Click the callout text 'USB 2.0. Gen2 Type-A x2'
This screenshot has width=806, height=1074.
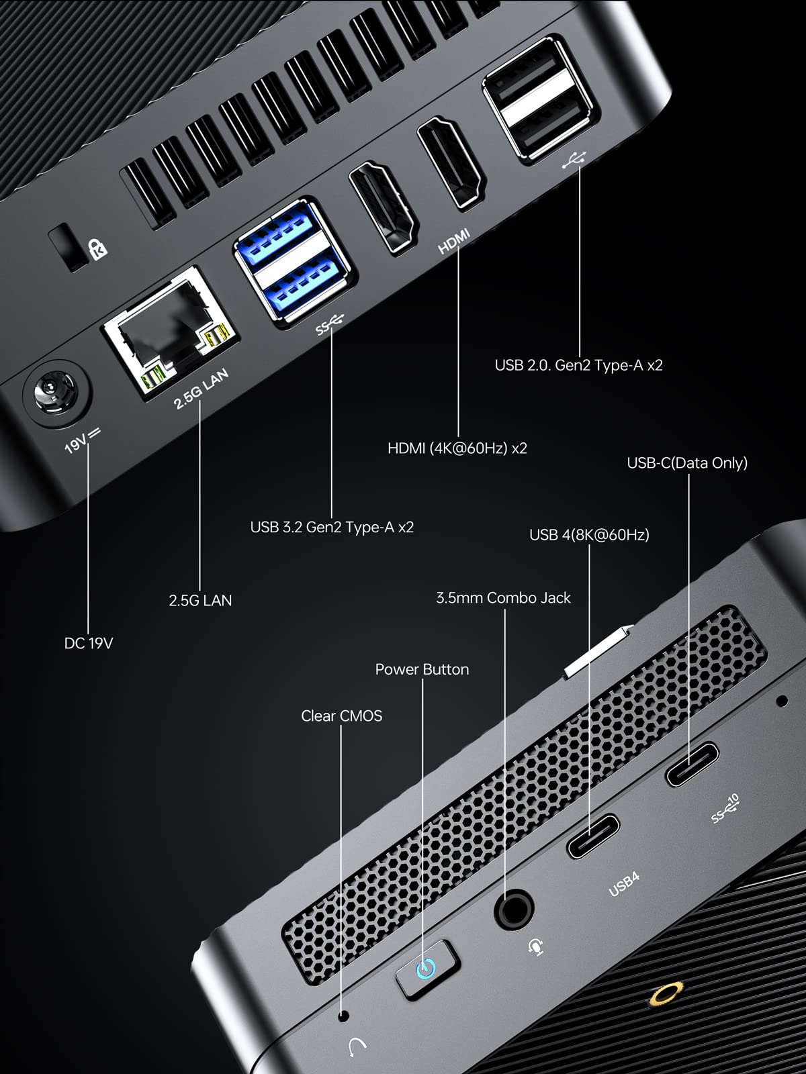coord(578,365)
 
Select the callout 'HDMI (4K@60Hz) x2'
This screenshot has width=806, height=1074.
coord(457,448)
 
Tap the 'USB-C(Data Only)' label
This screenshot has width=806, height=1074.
coord(686,462)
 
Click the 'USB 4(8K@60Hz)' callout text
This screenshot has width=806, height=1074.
coord(589,535)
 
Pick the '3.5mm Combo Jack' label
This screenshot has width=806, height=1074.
coord(503,597)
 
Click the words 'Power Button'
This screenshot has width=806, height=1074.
coord(422,669)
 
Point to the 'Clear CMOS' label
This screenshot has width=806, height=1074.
coord(341,716)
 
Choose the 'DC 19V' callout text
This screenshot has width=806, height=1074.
coord(88,643)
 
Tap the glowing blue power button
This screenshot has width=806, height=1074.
coord(426,969)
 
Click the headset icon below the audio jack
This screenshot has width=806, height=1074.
coord(535,946)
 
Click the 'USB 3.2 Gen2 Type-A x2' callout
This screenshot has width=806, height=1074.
coord(332,527)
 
